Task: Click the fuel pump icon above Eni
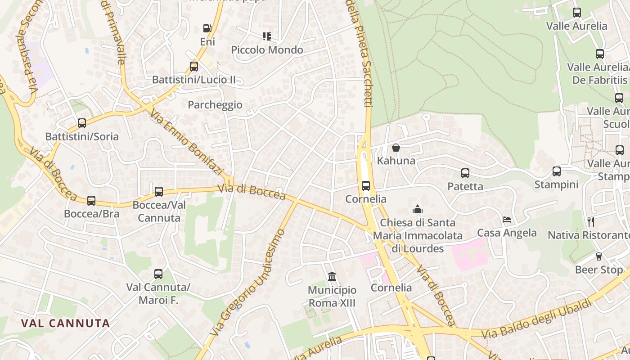(207, 28)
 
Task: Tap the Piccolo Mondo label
(267, 50)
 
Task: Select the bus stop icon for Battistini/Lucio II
(194, 67)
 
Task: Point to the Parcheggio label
(215, 105)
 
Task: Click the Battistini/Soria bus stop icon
(82, 123)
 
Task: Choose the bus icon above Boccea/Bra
(91, 201)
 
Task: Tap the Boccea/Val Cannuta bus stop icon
(159, 192)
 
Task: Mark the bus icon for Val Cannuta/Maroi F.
(158, 274)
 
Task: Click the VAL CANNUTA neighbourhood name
(66, 323)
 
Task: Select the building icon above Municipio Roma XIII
(332, 276)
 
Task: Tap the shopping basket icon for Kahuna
(396, 148)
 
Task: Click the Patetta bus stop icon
(465, 173)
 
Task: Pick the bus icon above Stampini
(557, 171)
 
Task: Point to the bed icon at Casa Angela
(507, 220)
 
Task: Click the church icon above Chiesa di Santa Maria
(418, 210)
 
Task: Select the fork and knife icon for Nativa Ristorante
(591, 221)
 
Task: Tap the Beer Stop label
(599, 270)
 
